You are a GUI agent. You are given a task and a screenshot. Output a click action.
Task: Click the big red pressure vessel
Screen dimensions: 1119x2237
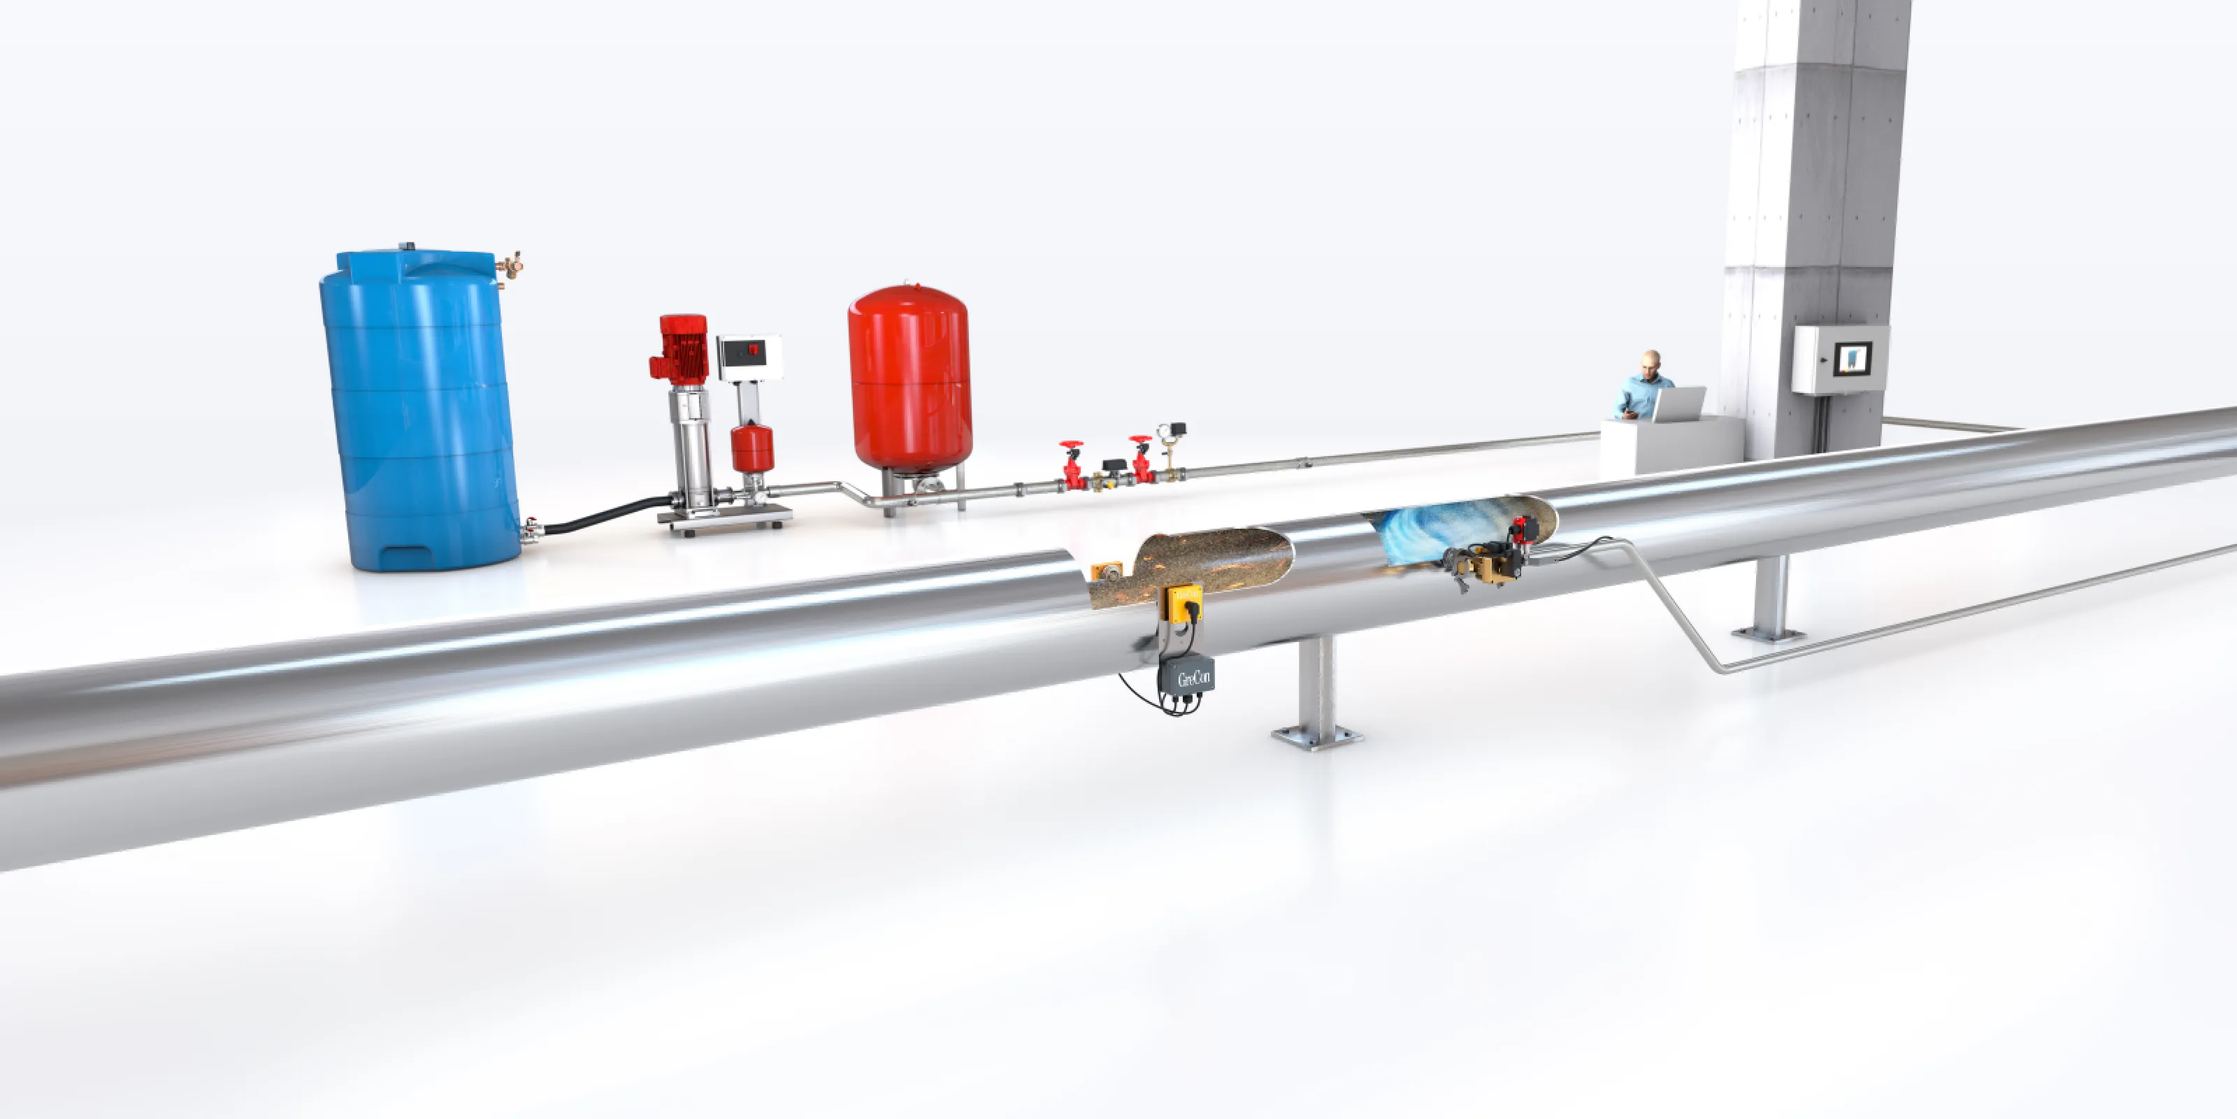click(x=909, y=378)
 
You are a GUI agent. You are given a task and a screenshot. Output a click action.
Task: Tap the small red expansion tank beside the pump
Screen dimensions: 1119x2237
click(x=752, y=448)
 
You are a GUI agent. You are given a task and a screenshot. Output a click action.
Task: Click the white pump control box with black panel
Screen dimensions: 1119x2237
click(x=749, y=356)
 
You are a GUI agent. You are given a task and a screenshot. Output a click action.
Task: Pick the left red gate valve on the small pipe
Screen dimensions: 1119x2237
click(x=1073, y=466)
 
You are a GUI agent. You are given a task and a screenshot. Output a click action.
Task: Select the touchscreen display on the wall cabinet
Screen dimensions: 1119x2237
click(x=1853, y=358)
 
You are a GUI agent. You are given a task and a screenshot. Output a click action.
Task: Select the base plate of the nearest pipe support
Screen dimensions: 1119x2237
click(x=1316, y=739)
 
